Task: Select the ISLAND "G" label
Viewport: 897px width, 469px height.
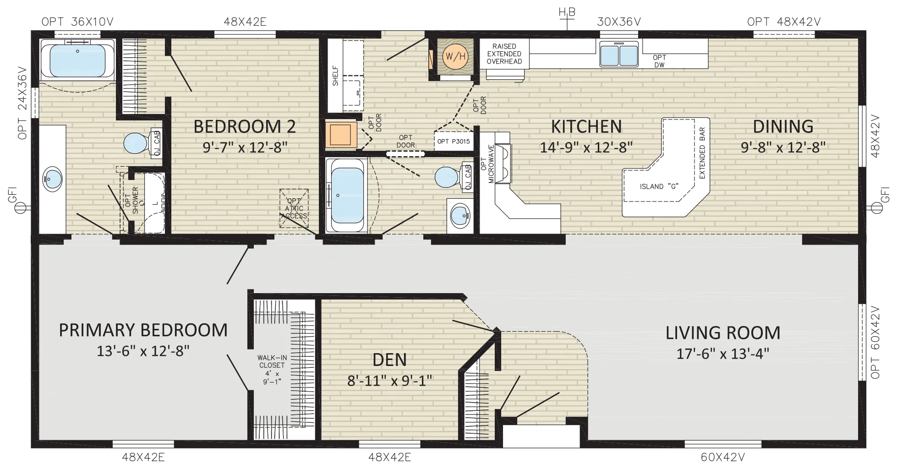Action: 659,186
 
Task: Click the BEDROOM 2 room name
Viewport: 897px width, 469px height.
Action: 245,126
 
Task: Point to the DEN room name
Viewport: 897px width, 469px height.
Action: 389,360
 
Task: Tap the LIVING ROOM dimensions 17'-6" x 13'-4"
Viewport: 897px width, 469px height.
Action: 722,354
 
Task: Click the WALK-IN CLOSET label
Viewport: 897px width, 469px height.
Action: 272,361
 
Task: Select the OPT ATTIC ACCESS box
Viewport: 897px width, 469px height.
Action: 294,208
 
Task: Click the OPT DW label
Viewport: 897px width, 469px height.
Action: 659,61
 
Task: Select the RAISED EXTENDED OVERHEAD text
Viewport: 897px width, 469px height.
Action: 504,54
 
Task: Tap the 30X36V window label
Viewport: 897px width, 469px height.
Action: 619,22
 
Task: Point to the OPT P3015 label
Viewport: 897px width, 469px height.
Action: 453,142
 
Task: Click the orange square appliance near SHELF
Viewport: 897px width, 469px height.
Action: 341,134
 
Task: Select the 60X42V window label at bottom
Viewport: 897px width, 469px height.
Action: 722,457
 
